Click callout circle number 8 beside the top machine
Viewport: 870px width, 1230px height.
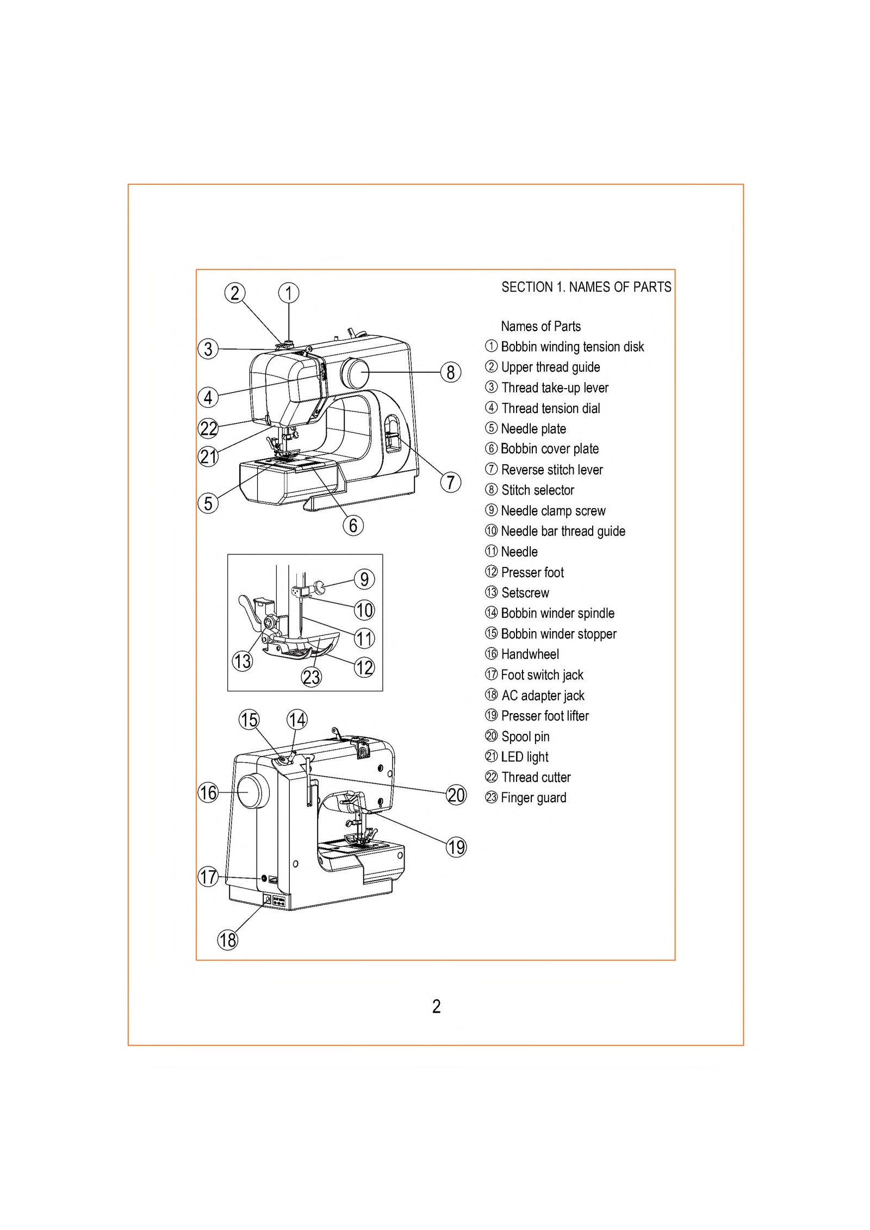pyautogui.click(x=450, y=372)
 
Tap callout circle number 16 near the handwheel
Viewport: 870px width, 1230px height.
pyautogui.click(x=208, y=792)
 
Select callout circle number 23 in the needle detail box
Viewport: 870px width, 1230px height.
pyautogui.click(x=311, y=677)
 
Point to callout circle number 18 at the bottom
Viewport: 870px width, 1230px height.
pyautogui.click(x=227, y=940)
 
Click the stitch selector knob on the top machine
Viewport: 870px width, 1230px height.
pyautogui.click(x=355, y=372)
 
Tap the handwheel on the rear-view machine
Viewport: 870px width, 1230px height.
pyautogui.click(x=252, y=791)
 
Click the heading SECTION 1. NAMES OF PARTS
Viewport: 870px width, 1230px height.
pyautogui.click(x=586, y=287)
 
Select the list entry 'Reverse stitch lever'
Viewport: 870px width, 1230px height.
pyautogui.click(x=551, y=470)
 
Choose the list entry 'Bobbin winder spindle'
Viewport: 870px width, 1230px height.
pyautogui.click(x=557, y=613)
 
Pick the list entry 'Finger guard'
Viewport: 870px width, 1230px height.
pyautogui.click(x=533, y=797)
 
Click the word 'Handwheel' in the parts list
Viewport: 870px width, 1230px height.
pyautogui.click(x=530, y=654)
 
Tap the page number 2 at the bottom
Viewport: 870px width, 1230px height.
pyautogui.click(x=436, y=1007)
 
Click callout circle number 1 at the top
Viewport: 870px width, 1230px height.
pyautogui.click(x=289, y=293)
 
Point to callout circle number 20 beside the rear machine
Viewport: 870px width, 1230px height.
pyautogui.click(x=456, y=795)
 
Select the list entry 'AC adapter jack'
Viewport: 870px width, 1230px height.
pyautogui.click(x=542, y=695)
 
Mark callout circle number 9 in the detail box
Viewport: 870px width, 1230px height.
pyautogui.click(x=364, y=579)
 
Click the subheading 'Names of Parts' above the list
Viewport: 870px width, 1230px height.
pyautogui.click(x=540, y=326)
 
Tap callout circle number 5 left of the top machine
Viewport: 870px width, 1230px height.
pyautogui.click(x=208, y=503)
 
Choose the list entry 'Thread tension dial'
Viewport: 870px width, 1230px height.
pyautogui.click(x=550, y=408)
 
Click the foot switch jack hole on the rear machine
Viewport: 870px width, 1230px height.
pyautogui.click(x=264, y=878)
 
